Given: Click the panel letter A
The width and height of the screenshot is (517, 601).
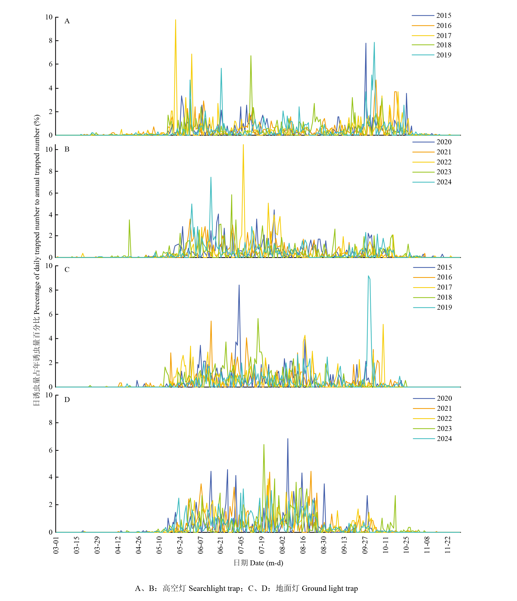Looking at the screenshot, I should point(67,21).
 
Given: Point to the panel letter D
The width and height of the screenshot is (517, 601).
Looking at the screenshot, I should point(67,400).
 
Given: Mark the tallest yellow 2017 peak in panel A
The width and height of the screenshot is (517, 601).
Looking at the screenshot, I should point(176,20).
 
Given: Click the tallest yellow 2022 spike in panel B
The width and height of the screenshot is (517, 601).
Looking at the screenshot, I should point(243,145).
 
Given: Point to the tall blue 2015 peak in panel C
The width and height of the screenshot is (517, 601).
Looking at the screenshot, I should point(239,285).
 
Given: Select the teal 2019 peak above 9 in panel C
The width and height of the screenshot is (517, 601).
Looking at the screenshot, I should point(369,276).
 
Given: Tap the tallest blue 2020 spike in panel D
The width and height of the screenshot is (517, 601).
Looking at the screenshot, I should point(288,439).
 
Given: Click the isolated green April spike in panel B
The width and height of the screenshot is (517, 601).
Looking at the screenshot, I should point(129,220).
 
